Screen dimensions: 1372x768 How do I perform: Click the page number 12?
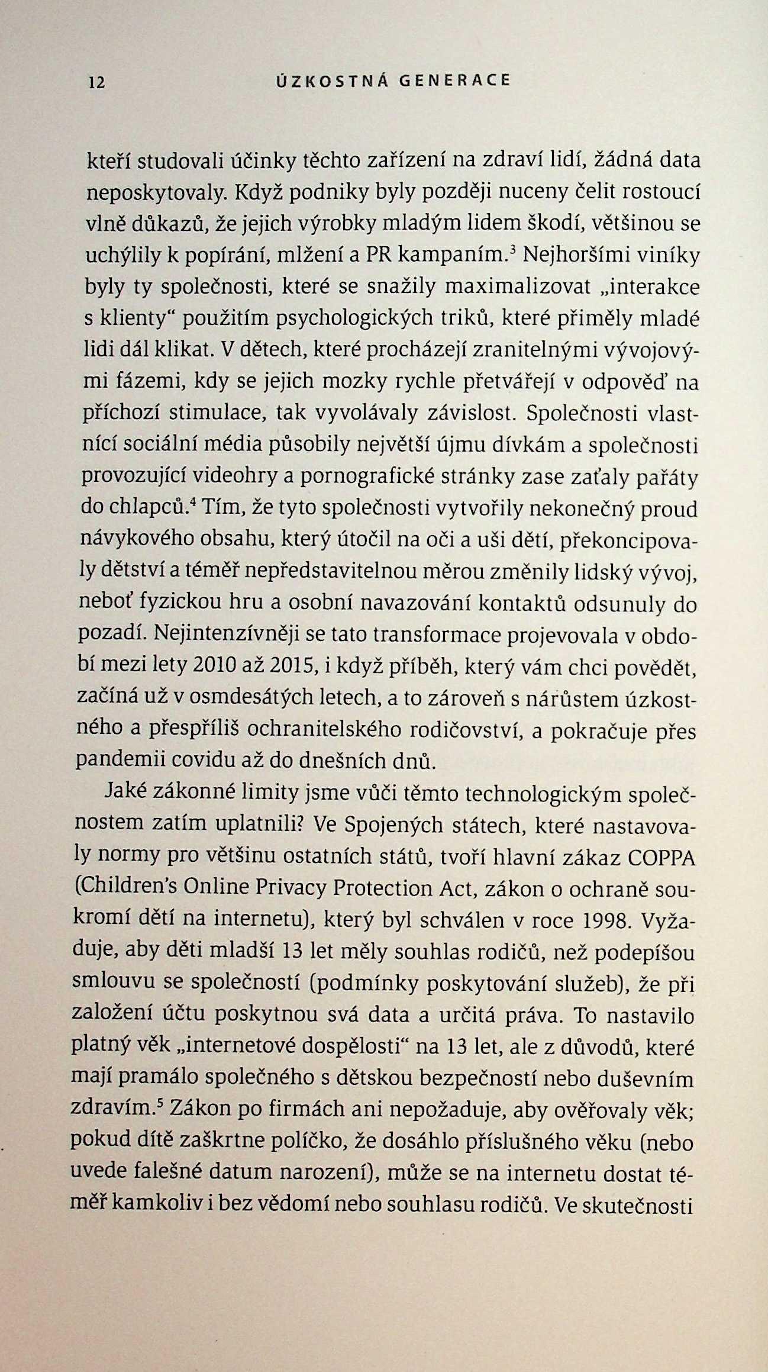coord(96,83)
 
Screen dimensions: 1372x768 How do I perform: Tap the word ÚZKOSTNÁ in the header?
coord(332,80)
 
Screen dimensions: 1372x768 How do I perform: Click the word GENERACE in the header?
coord(454,80)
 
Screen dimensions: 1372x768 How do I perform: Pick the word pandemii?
coord(112,761)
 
